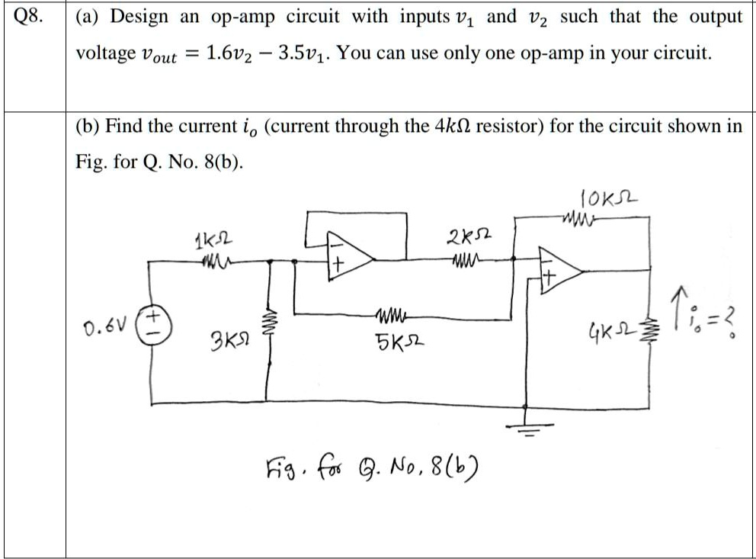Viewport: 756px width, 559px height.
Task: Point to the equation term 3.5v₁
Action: pos(302,53)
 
